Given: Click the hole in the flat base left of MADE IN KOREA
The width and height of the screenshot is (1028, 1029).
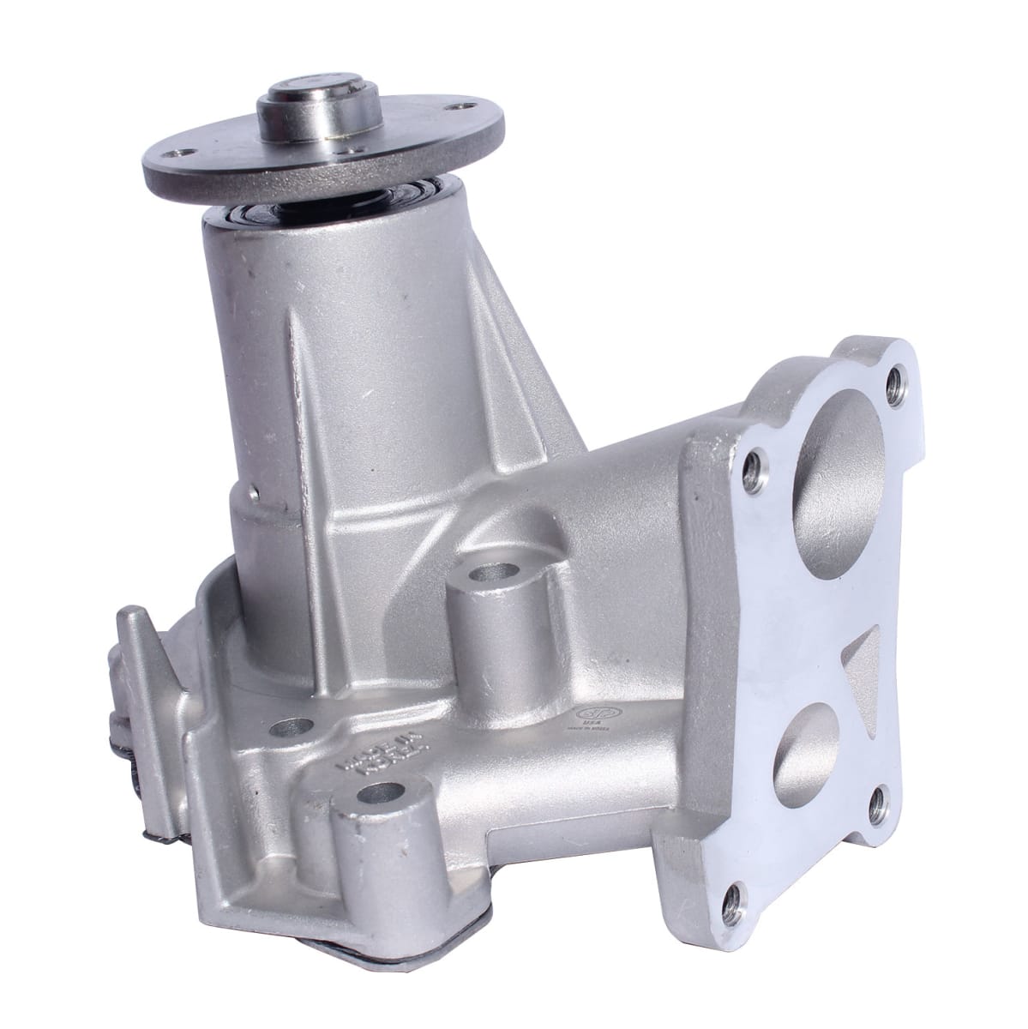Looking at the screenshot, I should coord(282,729).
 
